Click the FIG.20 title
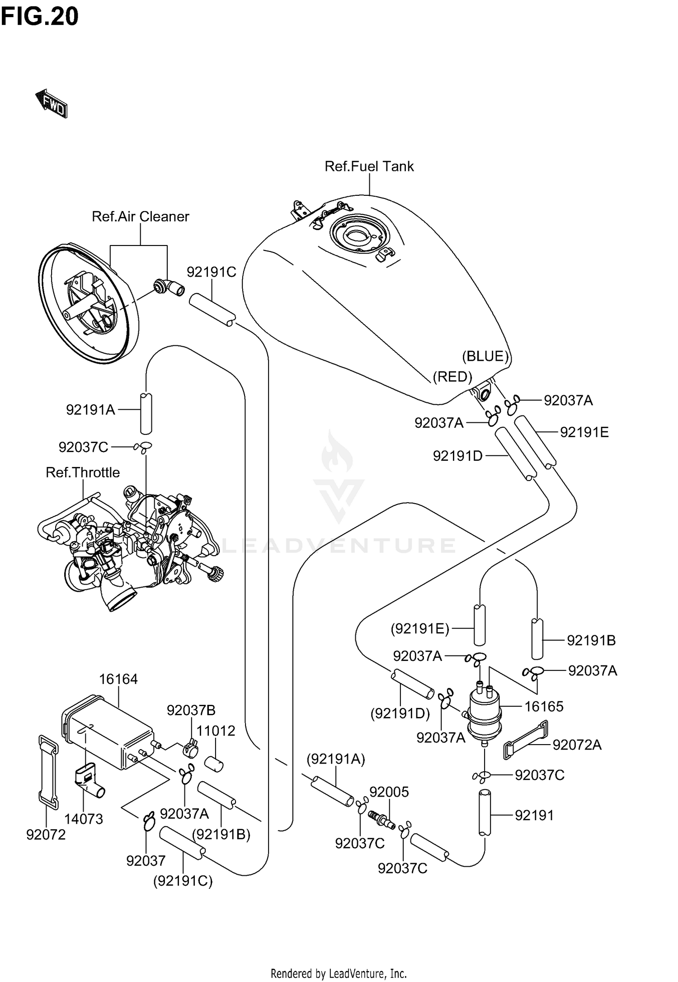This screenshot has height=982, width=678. tap(39, 17)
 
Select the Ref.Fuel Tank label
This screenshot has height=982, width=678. tap(369, 166)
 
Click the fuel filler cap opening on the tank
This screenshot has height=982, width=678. tap(359, 236)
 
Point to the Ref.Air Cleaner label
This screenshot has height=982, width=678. tap(140, 217)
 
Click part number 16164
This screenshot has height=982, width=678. tap(118, 679)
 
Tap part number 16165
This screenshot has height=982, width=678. tap(544, 707)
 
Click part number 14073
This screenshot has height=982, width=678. tap(84, 819)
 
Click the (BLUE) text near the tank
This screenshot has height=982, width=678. tap(485, 356)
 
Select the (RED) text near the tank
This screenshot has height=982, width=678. tap(452, 377)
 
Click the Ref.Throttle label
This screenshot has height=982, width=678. tap(83, 472)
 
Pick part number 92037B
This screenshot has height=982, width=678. tap(191, 711)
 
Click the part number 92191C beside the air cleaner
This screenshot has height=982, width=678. tap(212, 272)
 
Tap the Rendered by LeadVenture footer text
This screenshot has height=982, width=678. tap(339, 973)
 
